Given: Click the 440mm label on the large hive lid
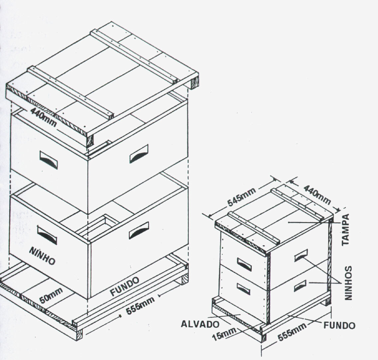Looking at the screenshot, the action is point(44,117).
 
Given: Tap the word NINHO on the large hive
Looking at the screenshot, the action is point(42,256).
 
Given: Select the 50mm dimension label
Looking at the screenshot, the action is point(51,296).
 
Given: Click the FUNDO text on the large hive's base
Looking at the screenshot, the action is point(125,287).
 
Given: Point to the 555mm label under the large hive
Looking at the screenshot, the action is point(141,306).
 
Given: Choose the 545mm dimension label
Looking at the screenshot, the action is point(242,197).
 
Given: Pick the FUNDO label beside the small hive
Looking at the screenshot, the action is point(339,325).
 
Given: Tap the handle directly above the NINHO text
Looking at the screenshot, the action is point(47,235).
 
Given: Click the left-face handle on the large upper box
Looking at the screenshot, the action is point(48,160).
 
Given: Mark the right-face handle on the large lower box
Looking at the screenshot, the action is point(139,230).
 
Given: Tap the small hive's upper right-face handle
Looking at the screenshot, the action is point(301,255).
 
